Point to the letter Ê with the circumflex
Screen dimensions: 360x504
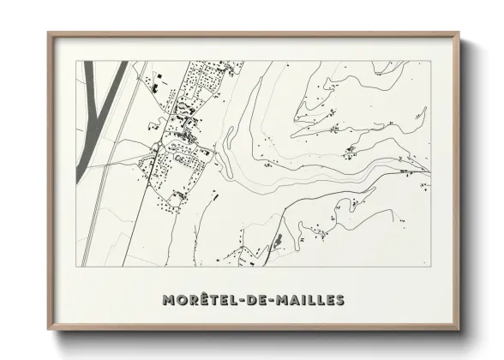pyautogui.click(x=204, y=299)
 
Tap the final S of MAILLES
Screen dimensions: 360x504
pyautogui.click(x=340, y=300)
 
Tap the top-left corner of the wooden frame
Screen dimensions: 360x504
pyautogui.click(x=49, y=33)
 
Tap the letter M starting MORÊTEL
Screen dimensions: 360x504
pyautogui.click(x=167, y=300)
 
